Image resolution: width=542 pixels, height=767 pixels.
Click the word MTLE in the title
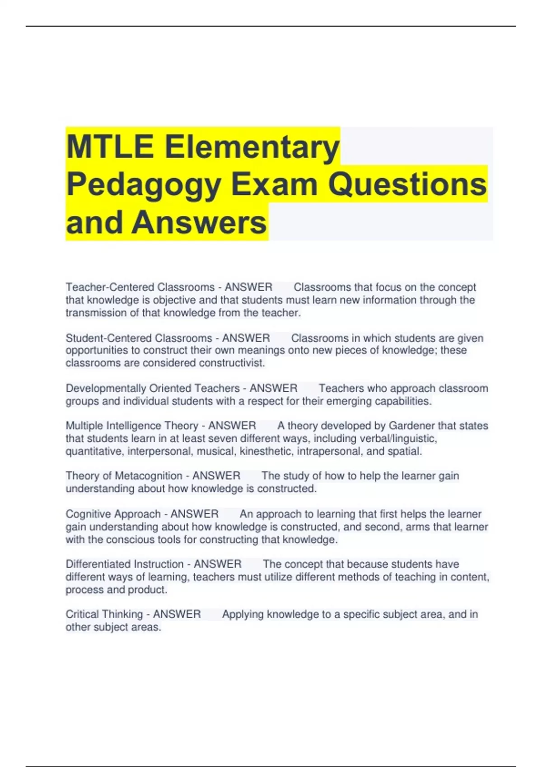pyautogui.click(x=110, y=147)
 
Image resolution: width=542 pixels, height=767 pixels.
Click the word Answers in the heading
pyautogui.click(x=199, y=222)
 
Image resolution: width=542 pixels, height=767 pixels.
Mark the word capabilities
pyautogui.click(x=402, y=401)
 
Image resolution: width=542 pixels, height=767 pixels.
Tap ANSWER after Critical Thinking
pyautogui.click(x=177, y=615)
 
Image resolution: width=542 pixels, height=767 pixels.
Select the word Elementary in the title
pyautogui.click(x=252, y=147)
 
